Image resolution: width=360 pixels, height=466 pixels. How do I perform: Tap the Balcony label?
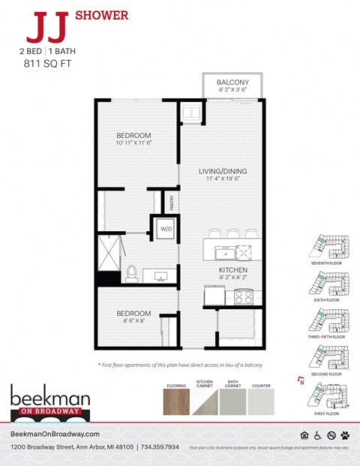[232, 83]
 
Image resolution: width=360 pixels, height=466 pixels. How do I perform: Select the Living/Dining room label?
[227, 171]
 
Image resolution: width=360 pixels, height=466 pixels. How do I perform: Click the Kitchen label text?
[232, 270]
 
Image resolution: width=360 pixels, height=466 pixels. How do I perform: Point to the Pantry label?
[172, 203]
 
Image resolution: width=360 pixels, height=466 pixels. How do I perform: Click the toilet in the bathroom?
[131, 274]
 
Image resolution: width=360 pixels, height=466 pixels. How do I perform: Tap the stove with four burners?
[244, 297]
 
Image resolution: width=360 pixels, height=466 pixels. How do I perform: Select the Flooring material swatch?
[176, 402]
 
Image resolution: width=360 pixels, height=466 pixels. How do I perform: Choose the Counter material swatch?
[261, 402]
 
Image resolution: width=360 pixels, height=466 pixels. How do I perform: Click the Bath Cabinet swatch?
[233, 402]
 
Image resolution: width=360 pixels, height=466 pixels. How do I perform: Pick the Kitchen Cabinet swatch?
[205, 402]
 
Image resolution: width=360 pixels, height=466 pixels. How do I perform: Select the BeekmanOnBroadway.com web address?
[56, 434]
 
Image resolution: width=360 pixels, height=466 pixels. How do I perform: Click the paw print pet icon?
[344, 434]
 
